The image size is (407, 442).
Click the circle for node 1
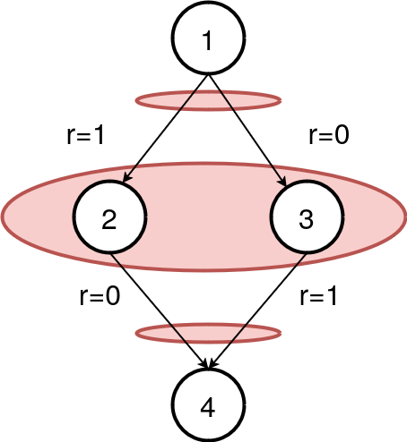[209, 40]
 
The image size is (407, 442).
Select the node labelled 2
[109, 219]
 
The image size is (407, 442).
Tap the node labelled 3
[307, 219]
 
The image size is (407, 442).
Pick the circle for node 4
[209, 407]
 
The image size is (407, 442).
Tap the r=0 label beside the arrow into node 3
[329, 135]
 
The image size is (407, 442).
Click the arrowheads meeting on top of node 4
[210, 365]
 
